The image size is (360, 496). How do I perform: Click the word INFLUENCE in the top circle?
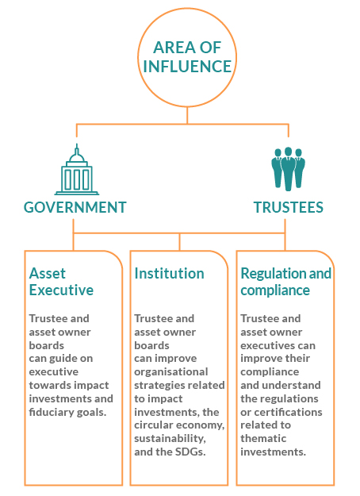[187, 66]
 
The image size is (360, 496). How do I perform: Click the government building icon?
[76, 170]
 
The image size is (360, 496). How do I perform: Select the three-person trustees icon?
[288, 168]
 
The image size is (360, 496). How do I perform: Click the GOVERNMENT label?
[75, 207]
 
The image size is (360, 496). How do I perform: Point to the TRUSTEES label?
[289, 207]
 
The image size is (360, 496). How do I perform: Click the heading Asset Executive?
[61, 282]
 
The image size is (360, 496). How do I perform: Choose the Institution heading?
[169, 274]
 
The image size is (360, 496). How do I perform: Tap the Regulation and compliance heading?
[285, 282]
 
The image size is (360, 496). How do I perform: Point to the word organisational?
[171, 372]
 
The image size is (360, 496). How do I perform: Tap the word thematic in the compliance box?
[263, 438]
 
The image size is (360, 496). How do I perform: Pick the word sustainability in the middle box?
[170, 439]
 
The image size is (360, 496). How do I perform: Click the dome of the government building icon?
[76, 156]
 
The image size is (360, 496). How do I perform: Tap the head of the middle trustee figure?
[288, 152]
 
